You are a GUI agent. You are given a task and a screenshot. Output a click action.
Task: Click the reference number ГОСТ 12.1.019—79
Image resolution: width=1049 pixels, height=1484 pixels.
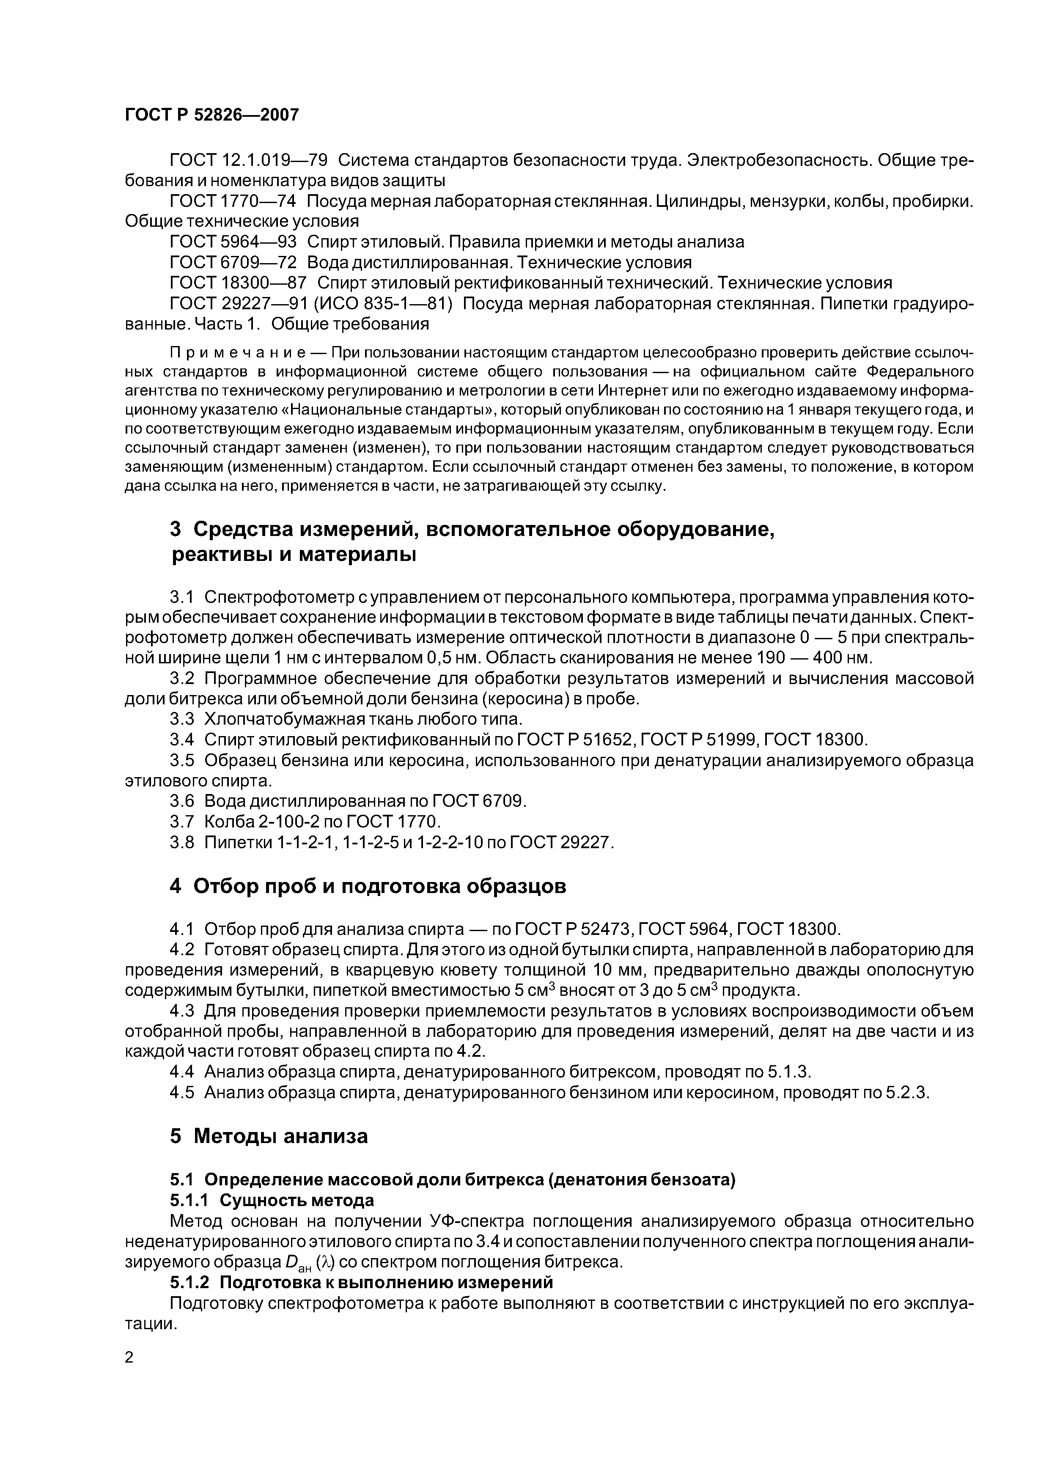248,159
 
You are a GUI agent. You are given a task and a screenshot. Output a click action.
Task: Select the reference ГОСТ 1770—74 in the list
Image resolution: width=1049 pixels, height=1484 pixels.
233,201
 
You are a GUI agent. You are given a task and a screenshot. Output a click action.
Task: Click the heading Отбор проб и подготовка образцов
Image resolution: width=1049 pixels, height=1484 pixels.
379,886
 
